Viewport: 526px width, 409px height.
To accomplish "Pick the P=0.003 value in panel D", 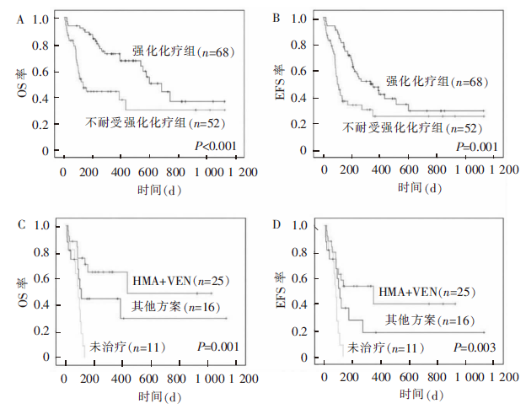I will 477,347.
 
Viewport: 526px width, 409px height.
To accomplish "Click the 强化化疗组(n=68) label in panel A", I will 183,52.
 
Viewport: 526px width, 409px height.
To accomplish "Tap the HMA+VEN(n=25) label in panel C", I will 181,280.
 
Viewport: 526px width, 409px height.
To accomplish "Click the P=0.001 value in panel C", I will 217,347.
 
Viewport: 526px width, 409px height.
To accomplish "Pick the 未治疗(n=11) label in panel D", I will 389,347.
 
